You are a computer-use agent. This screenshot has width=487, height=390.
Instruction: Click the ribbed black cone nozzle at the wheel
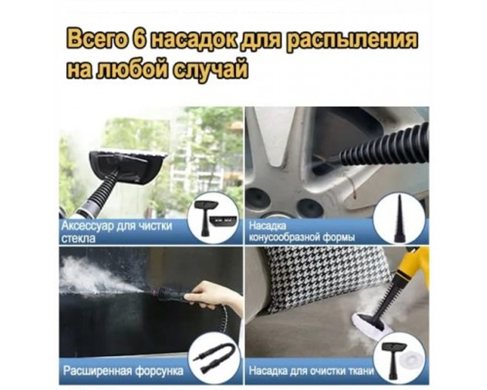point(385,149)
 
